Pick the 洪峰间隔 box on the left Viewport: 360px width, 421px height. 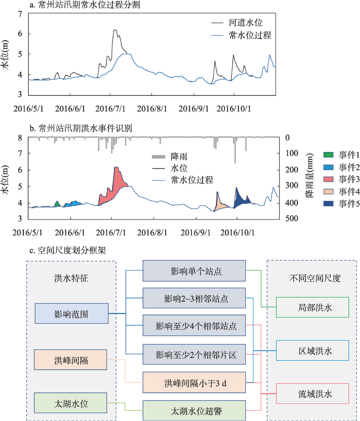pyautogui.click(x=72, y=359)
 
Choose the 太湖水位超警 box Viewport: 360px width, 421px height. pyautogui.click(x=194, y=410)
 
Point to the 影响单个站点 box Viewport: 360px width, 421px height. pyautogui.click(x=194, y=271)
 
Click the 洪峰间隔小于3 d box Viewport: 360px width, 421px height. pyautogui.click(x=194, y=382)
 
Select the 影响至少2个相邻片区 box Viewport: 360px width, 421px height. pyautogui.click(x=194, y=355)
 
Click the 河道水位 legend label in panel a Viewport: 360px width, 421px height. pyautogui.click(x=245, y=23)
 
